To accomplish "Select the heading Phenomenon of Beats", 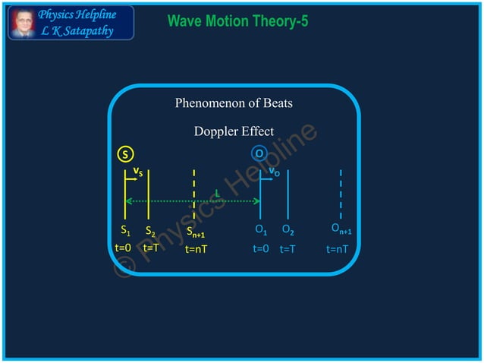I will point(234,103).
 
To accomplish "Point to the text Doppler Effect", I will point(234,131).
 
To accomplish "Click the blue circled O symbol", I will point(259,154).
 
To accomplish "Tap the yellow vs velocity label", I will point(138,172).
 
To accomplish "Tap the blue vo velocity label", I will point(274,172).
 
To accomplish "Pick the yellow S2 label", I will point(150,231).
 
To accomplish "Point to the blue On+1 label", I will point(341,229).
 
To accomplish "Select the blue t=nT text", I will point(338,248).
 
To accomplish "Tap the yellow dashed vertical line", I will point(195,194).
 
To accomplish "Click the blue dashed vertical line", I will point(341,194).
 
